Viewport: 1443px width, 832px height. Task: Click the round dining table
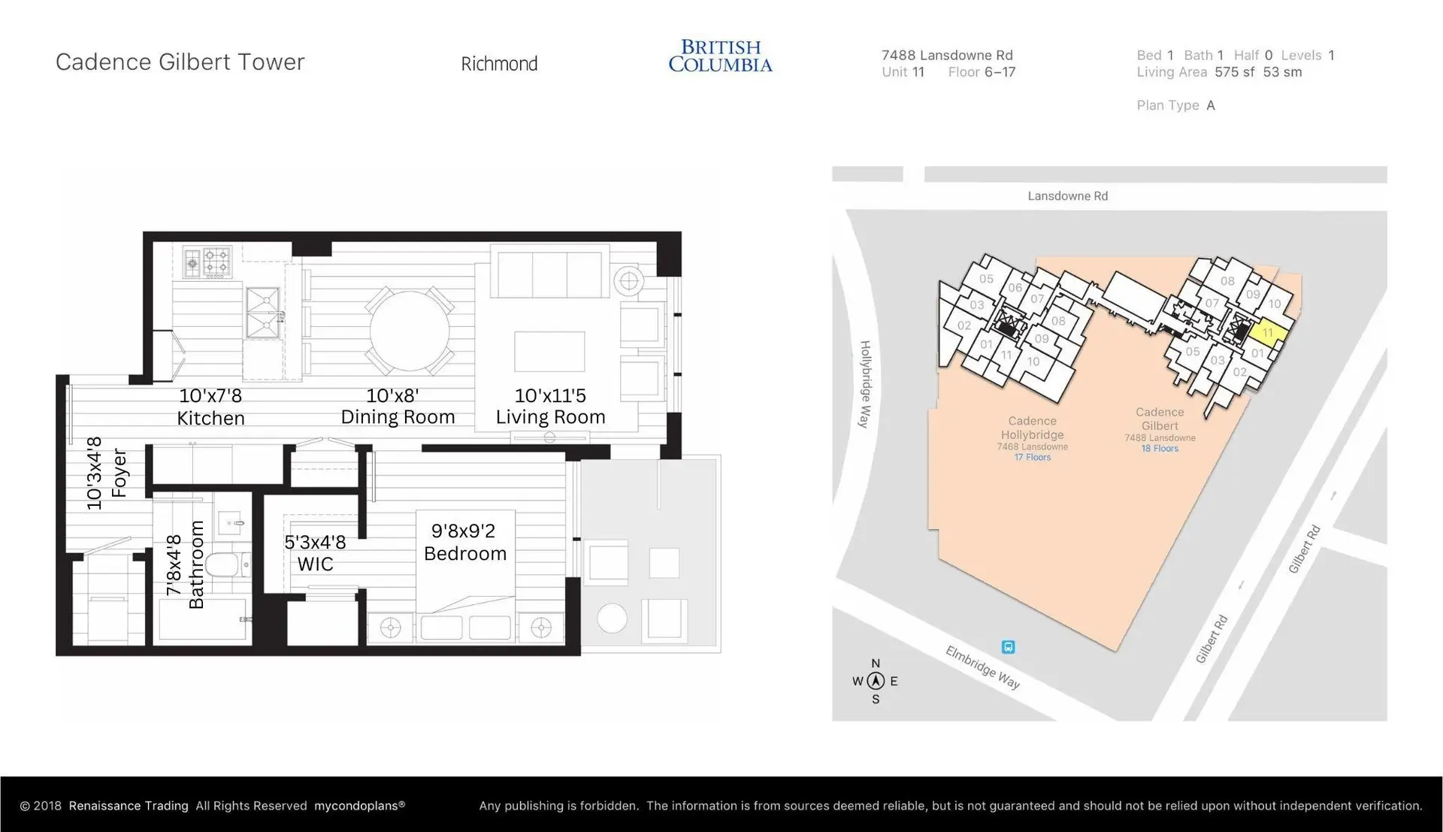pos(409,331)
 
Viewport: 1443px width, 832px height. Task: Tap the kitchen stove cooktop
pos(208,264)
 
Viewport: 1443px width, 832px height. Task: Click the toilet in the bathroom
pos(222,564)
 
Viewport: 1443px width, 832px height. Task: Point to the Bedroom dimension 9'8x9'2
pos(463,531)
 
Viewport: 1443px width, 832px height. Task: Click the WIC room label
pos(315,564)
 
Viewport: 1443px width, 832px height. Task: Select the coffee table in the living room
pos(549,352)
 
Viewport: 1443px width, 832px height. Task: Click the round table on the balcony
pos(612,619)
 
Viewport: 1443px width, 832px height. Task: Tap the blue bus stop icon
pos(1008,647)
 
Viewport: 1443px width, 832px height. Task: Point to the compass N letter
pos(876,664)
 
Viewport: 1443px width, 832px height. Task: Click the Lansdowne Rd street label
pos(1067,196)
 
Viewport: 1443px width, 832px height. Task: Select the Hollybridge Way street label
pos(865,384)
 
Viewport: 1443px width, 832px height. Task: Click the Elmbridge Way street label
pos(982,667)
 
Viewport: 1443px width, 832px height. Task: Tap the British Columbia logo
pos(720,56)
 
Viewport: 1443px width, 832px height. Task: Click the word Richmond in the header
pos(499,64)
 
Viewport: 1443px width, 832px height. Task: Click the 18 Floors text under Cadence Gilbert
pos(1160,449)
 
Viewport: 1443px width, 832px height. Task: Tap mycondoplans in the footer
pos(356,806)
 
